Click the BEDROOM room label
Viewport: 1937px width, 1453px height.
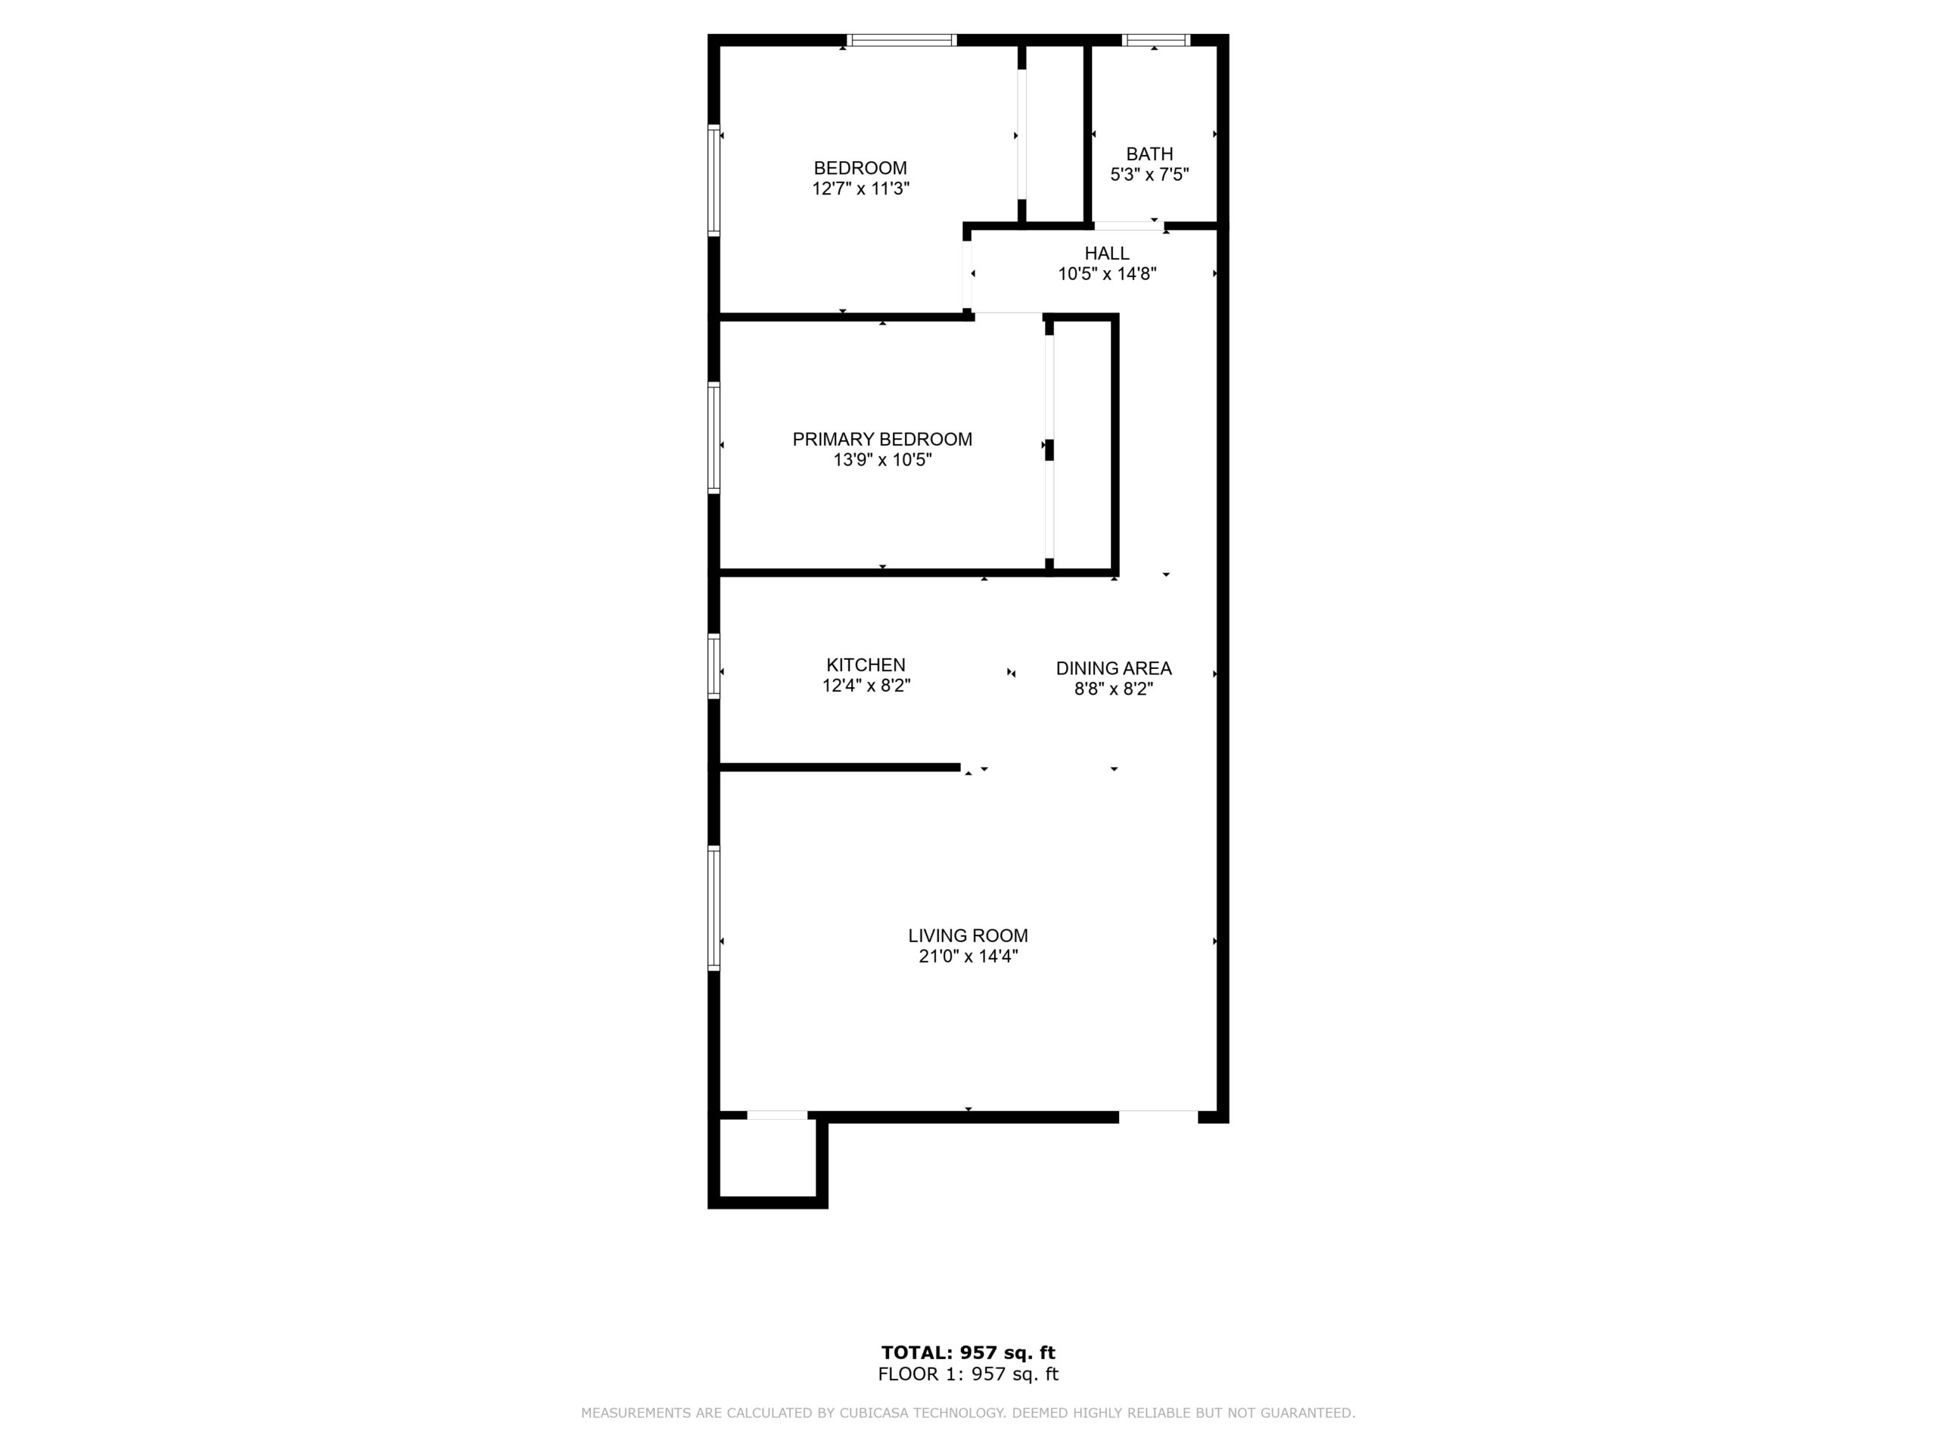pyautogui.click(x=860, y=168)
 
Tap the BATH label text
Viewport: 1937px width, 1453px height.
pyautogui.click(x=1149, y=154)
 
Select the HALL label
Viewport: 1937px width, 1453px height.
pyautogui.click(x=1107, y=253)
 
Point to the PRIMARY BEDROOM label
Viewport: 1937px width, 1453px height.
pyautogui.click(x=881, y=440)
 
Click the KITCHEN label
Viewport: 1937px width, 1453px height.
pyautogui.click(x=865, y=666)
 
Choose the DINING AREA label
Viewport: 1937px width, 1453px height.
pyautogui.click(x=1113, y=668)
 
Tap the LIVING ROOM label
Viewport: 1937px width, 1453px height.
pyautogui.click(x=968, y=935)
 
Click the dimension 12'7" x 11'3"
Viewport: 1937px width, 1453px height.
pyautogui.click(x=861, y=188)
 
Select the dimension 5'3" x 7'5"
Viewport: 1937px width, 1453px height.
pyautogui.click(x=1149, y=174)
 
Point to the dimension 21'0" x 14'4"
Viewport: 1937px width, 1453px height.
pyautogui.click(x=968, y=957)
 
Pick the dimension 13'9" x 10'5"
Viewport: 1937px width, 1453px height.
pyautogui.click(x=881, y=460)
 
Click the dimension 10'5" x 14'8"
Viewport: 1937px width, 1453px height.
pyautogui.click(x=1107, y=274)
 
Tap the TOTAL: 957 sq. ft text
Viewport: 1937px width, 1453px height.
pyautogui.click(x=968, y=1353)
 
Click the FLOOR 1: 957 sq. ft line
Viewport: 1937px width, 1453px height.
pyautogui.click(x=968, y=1374)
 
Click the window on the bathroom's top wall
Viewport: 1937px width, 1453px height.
pyautogui.click(x=1155, y=39)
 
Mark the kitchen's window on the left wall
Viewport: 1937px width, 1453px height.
pyautogui.click(x=714, y=666)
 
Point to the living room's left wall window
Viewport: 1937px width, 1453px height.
pyautogui.click(x=714, y=908)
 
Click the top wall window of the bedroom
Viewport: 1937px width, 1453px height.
pyautogui.click(x=901, y=39)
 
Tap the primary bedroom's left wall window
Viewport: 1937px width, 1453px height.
pyautogui.click(x=714, y=438)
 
